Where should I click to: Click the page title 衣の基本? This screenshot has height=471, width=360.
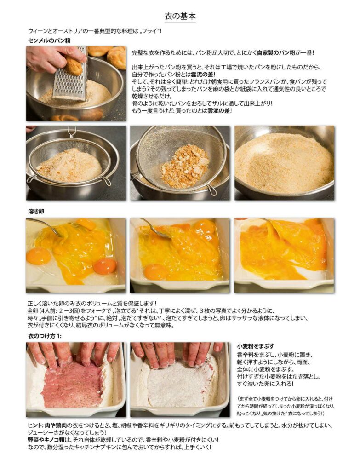coord(180,16)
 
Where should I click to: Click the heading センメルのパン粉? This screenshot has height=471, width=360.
coord(49,40)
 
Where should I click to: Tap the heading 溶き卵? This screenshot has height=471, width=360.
coord(36,212)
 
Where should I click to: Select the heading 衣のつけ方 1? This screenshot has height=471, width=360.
coord(45,336)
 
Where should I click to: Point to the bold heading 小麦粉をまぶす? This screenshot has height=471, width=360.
coord(256,346)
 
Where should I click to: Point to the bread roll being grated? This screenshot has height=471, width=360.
coord(73,64)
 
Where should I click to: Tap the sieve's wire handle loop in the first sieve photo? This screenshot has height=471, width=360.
coord(72,132)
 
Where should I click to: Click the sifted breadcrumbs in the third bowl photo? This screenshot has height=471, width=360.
coord(283,162)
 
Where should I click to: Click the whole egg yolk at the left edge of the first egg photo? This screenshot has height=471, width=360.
coord(38,256)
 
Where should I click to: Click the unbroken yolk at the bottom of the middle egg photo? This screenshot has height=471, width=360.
coord(156,271)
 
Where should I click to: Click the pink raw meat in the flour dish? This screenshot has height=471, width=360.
coord(74,385)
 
